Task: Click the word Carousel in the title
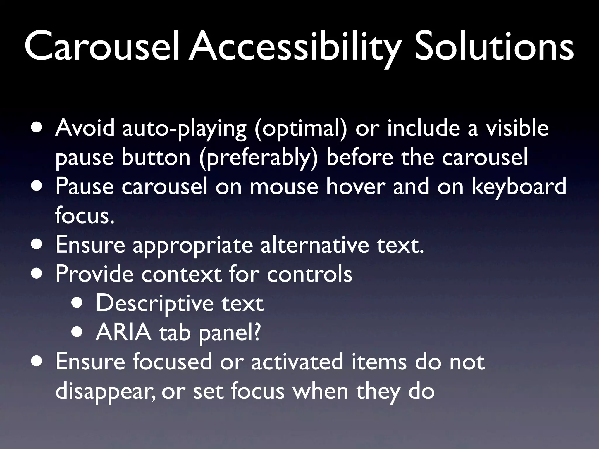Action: [101, 47]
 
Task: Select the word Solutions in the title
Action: [494, 47]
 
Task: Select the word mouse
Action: [284, 187]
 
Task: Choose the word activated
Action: [297, 362]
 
